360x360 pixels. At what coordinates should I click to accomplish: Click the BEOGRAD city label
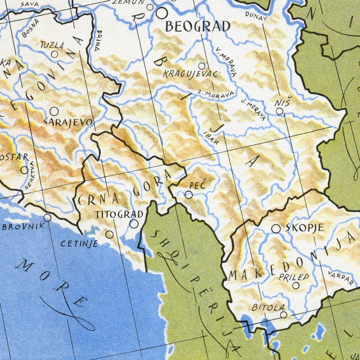pos(197,26)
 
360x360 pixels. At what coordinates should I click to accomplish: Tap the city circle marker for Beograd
pos(161,13)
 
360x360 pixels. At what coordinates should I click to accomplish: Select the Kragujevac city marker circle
pos(202,66)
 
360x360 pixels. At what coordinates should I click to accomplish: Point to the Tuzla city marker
pos(55,54)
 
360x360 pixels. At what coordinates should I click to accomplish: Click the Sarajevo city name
pos(68,122)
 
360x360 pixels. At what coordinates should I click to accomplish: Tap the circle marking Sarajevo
pos(54,111)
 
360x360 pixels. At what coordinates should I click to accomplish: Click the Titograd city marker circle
pos(134,224)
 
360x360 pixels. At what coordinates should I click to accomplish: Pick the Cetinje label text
pos(79,243)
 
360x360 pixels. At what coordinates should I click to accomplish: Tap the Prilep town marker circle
pos(296,285)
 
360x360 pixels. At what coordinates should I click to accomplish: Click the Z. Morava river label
pos(216,94)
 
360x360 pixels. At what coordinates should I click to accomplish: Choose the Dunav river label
pos(256,15)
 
